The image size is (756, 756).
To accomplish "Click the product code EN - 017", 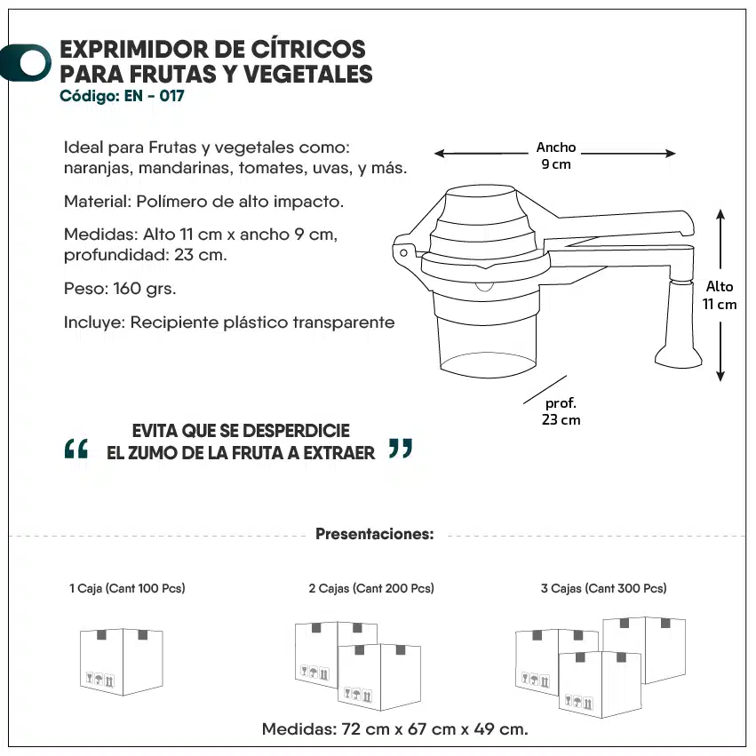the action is tap(155, 96).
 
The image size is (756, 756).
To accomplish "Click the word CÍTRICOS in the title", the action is tap(308, 49).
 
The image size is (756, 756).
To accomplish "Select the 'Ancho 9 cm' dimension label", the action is tap(556, 155).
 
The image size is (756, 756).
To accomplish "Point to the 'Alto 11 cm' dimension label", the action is tap(720, 295).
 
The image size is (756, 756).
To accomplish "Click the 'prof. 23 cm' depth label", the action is tap(561, 411).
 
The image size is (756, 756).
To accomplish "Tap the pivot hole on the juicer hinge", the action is tap(403, 252).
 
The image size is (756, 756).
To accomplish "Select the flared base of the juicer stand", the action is tap(679, 356).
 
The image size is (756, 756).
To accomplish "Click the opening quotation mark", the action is tap(76, 449).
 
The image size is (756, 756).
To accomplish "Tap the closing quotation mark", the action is tap(401, 449).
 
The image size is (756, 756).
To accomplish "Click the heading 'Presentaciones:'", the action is tap(375, 534).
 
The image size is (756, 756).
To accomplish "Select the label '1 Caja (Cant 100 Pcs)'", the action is tap(127, 588).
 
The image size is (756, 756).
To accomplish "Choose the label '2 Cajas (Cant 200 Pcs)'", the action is tap(371, 588).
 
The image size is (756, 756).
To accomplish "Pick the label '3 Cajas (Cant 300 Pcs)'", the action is tap(603, 588).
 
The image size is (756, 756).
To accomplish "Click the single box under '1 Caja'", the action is tap(122, 662).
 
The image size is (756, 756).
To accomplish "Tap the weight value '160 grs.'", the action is tap(145, 289).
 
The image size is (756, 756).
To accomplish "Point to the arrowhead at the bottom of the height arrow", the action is tap(720, 376).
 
